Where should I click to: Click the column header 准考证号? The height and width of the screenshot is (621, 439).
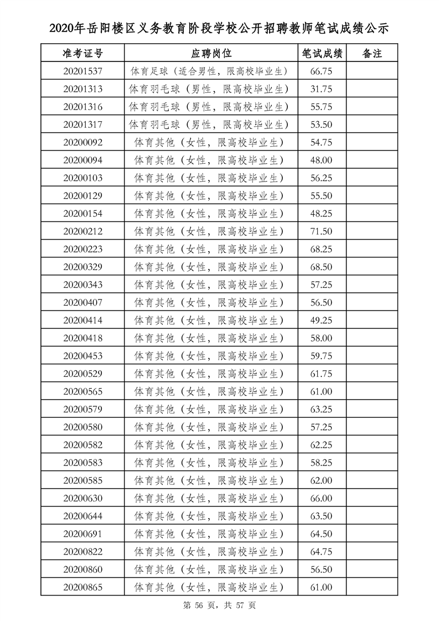[82, 53]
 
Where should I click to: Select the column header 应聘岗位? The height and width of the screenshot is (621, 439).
[211, 53]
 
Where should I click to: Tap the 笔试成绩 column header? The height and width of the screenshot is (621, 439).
[322, 53]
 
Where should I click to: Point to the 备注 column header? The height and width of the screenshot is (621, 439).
[371, 53]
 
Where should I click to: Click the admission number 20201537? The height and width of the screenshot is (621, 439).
[83, 71]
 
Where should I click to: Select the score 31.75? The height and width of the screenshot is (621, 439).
[322, 89]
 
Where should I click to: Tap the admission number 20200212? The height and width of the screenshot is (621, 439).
[83, 231]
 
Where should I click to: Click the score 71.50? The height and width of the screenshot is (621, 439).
[322, 231]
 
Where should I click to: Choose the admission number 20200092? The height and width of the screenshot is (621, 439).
[83, 142]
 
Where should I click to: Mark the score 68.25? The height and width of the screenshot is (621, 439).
[322, 249]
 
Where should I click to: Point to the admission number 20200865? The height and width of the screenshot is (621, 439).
[83, 587]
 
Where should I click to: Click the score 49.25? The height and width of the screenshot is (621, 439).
[322, 320]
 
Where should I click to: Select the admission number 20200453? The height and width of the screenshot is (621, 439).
[83, 356]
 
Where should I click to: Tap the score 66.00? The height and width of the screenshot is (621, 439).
[322, 498]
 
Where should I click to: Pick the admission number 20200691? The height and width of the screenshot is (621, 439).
[83, 534]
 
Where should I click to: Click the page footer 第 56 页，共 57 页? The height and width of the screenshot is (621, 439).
[219, 606]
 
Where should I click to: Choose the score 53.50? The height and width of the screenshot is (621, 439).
[322, 125]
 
